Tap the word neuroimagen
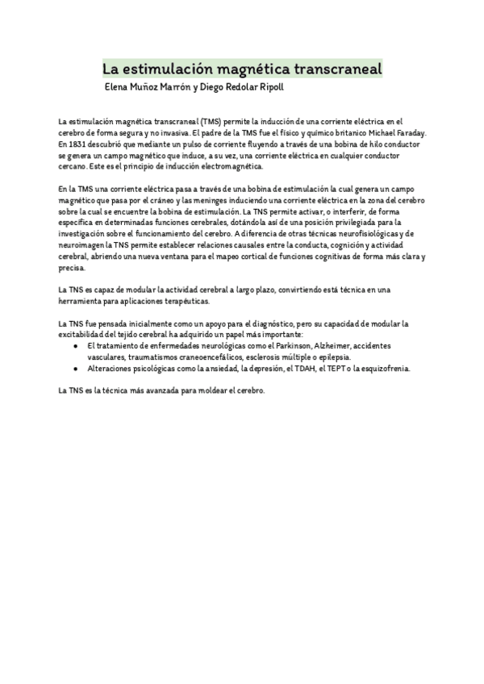81,244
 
